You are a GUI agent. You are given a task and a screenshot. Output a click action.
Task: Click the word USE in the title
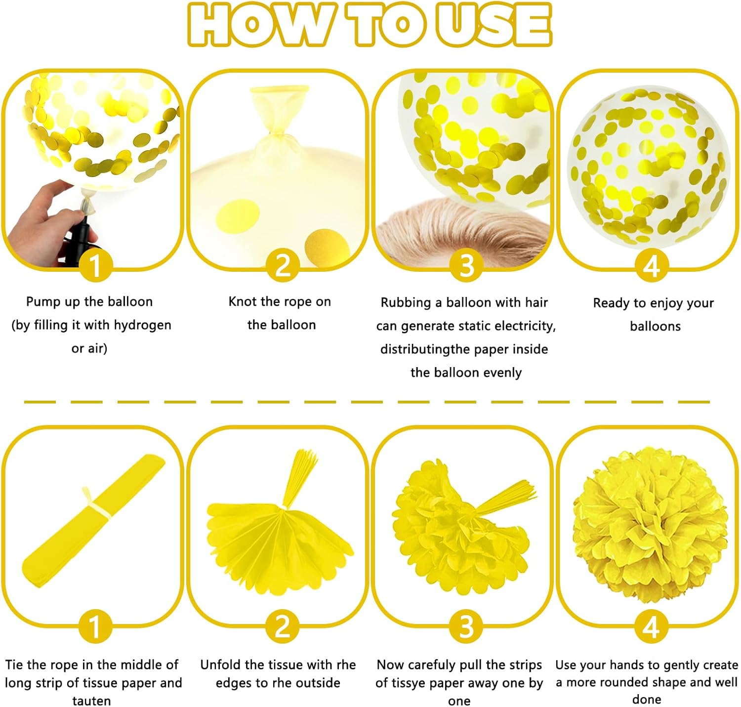click(494, 24)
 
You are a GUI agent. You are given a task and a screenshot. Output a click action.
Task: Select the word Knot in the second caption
click(243, 302)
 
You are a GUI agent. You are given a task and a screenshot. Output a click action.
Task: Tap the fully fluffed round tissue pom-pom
click(650, 525)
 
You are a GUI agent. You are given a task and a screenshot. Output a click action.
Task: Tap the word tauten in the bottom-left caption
click(91, 701)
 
